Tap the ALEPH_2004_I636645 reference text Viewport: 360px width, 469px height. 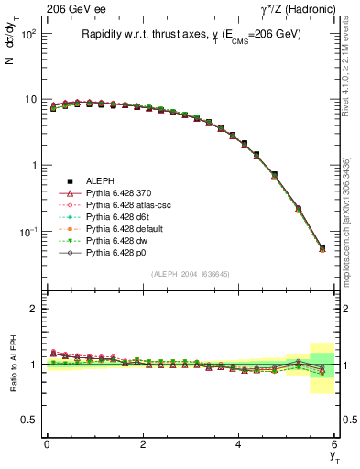[190, 274]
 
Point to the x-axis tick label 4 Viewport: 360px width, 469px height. [238, 444]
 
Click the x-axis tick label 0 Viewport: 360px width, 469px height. [47, 444]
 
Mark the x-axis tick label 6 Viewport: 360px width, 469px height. [334, 444]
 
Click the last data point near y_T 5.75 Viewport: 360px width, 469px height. [322, 248]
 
